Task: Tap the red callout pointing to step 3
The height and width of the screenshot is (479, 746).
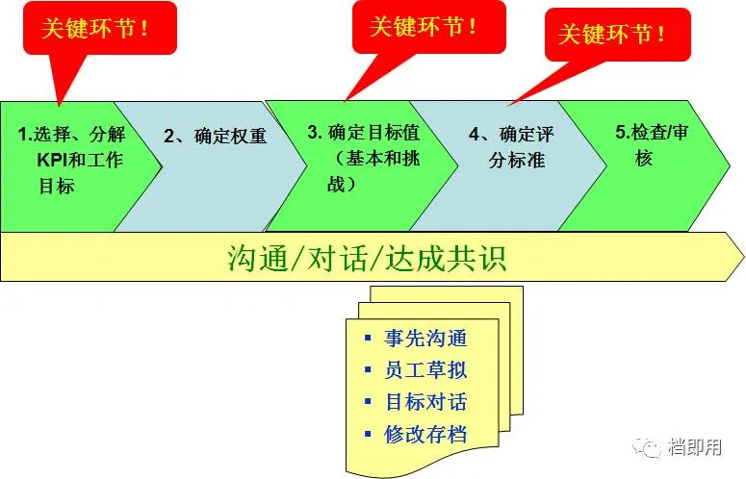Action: coord(424,27)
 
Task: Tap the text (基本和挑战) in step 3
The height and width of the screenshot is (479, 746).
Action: coord(358,170)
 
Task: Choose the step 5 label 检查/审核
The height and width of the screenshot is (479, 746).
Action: coord(650,145)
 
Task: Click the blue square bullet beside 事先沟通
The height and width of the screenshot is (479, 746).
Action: coord(368,339)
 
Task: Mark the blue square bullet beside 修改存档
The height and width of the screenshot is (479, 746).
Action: coord(368,434)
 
